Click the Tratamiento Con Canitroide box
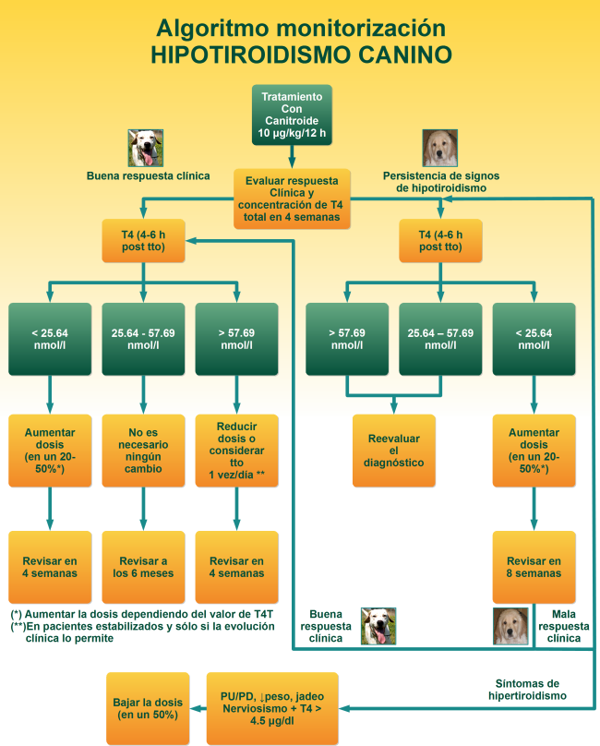291,114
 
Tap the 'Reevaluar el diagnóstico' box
394,450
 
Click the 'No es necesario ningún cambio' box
143,450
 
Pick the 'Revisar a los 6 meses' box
143,566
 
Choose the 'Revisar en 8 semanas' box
534,566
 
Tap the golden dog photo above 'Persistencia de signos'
440,148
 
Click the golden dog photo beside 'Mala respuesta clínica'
510,625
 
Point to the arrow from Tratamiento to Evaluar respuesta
291,157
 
